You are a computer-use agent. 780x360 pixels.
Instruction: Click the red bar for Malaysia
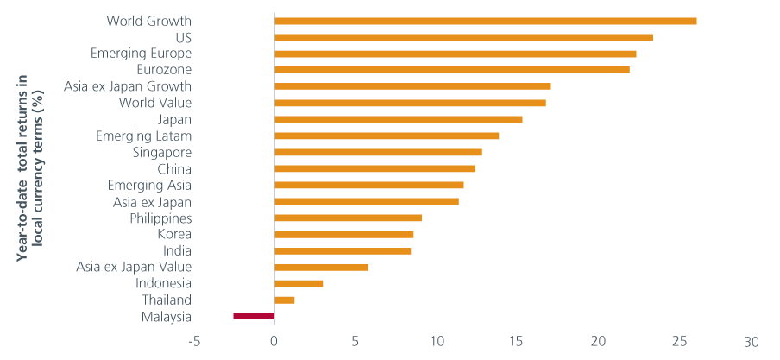[254, 316]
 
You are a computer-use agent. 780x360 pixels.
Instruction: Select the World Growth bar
[485, 21]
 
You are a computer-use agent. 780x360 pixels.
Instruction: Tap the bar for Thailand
[285, 300]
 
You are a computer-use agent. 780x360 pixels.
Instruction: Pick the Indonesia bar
[299, 283]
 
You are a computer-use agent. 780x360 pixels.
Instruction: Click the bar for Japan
[399, 119]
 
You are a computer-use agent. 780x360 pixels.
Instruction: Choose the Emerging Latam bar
[387, 136]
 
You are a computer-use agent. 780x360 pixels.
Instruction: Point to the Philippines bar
[348, 218]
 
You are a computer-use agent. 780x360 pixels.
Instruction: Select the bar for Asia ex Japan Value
[321, 267]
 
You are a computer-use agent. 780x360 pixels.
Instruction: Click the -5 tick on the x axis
[195, 341]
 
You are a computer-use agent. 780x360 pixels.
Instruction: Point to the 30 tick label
[752, 341]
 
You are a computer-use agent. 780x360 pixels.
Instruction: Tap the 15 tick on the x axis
[516, 341]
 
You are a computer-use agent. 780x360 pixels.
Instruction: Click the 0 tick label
[274, 341]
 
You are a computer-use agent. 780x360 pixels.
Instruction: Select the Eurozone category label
[164, 70]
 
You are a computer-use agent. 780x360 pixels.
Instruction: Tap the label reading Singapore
[160, 152]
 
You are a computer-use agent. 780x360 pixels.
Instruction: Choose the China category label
[174, 168]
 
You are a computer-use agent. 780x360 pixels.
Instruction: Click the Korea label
[174, 234]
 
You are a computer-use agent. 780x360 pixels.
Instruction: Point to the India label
[177, 250]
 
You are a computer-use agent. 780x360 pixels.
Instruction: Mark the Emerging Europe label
[141, 54]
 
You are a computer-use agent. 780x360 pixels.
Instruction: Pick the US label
[182, 37]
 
